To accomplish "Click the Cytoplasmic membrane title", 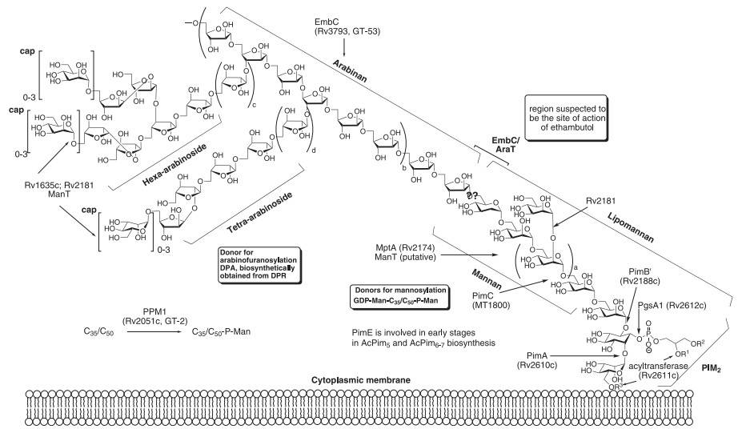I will pyautogui.click(x=368, y=383).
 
